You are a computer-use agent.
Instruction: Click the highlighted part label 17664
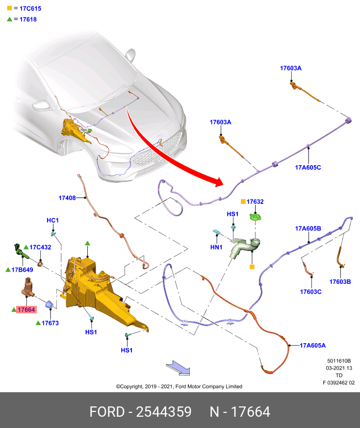(26, 309)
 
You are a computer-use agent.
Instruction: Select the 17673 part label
(50, 323)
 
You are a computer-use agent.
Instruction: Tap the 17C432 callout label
(40, 247)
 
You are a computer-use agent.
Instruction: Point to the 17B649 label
(23, 270)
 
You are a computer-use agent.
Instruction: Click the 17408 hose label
(67, 198)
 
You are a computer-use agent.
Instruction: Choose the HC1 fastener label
(52, 220)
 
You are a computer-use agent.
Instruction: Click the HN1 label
(216, 247)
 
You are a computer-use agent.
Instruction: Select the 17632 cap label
(255, 201)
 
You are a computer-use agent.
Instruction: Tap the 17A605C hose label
(308, 168)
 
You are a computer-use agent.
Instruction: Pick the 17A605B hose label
(308, 228)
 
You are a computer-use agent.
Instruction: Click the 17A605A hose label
(313, 346)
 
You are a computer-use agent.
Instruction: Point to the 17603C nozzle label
(310, 292)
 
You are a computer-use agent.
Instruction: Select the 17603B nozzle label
(340, 282)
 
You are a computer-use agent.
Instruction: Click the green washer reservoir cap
(256, 217)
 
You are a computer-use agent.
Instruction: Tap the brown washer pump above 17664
(27, 287)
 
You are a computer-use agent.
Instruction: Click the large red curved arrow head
(219, 181)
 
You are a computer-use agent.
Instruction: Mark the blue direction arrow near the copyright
(178, 368)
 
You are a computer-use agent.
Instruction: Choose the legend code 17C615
(30, 8)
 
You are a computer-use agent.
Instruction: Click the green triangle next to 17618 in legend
(9, 19)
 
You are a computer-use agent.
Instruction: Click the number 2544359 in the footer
(164, 412)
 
